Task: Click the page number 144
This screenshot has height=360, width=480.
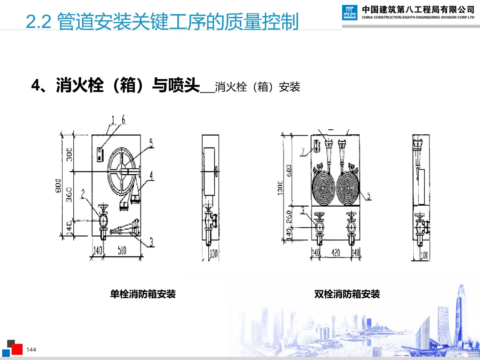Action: (x=31, y=350)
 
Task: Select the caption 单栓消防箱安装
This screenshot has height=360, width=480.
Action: (x=143, y=294)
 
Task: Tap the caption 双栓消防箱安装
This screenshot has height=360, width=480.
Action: (x=347, y=294)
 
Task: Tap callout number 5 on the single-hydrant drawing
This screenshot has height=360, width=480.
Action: (x=151, y=143)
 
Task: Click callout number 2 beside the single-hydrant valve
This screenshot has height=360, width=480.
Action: (x=83, y=193)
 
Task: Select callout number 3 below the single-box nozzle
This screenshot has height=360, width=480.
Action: (x=151, y=242)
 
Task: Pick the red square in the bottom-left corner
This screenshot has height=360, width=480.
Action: (x=17, y=349)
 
